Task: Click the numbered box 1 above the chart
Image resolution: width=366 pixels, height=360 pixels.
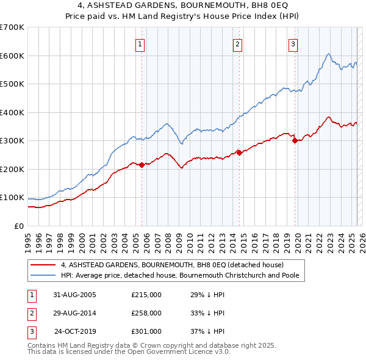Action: click(140, 44)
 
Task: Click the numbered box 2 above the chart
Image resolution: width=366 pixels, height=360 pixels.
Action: click(237, 44)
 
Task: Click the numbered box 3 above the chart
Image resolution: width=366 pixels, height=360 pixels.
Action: click(293, 44)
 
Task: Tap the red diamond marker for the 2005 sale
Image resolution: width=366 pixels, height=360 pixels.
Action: click(142, 165)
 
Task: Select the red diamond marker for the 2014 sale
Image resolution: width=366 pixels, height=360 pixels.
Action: click(239, 153)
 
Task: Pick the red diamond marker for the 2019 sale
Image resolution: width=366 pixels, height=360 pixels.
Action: click(295, 140)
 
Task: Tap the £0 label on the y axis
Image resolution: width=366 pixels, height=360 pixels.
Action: click(20, 226)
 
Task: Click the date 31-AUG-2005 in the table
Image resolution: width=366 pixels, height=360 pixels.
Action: click(74, 295)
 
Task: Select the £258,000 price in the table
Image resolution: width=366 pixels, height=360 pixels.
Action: click(146, 313)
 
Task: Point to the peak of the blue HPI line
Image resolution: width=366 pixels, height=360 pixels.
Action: click(328, 54)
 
